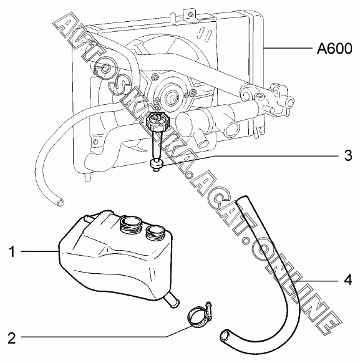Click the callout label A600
(x=334, y=49)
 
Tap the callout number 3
(x=348, y=155)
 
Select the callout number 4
(x=348, y=280)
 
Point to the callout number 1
(x=12, y=251)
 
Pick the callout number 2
(x=12, y=338)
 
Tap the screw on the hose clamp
(x=209, y=309)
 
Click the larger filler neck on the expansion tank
(x=130, y=224)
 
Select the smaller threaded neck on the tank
(x=155, y=232)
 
